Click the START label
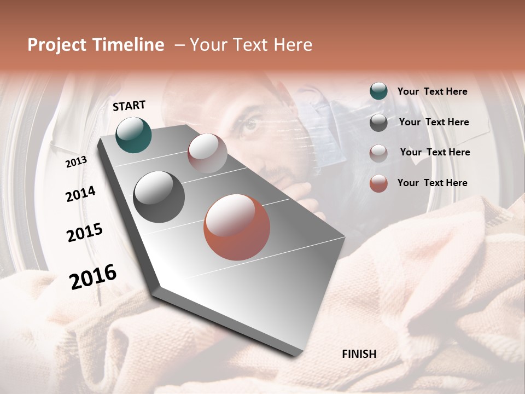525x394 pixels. pyautogui.click(x=129, y=106)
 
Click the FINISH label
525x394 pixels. pyautogui.click(x=359, y=354)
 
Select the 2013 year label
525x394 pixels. pyautogui.click(x=76, y=162)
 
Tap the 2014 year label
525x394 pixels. pyautogui.click(x=80, y=194)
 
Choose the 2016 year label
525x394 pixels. pyautogui.click(x=93, y=277)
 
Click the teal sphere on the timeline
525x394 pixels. pyautogui.click(x=133, y=135)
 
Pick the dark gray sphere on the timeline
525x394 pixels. pyautogui.click(x=159, y=197)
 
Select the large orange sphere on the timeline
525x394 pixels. pyautogui.click(x=237, y=227)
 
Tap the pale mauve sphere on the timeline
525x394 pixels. pyautogui.click(x=207, y=153)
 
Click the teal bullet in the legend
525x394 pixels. pyautogui.click(x=378, y=91)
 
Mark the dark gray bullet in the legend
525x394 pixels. pyautogui.click(x=378, y=123)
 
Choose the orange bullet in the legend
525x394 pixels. pyautogui.click(x=378, y=183)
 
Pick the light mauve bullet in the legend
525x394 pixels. pyautogui.click(x=378, y=153)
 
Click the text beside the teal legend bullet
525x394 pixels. pyautogui.click(x=432, y=91)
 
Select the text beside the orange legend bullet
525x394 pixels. pyautogui.click(x=432, y=183)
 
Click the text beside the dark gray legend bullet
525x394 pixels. pyautogui.click(x=434, y=122)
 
